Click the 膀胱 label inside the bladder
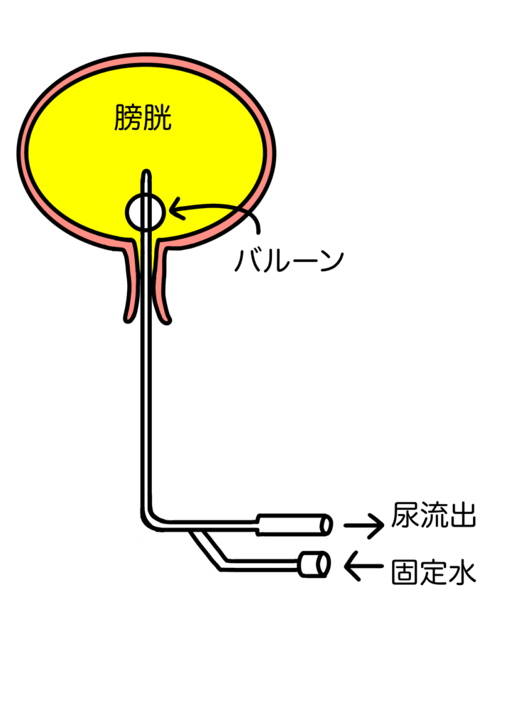(x=143, y=118)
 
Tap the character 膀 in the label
(x=128, y=118)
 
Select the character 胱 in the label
(x=158, y=118)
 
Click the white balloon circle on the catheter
(x=146, y=211)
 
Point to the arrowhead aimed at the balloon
(x=174, y=210)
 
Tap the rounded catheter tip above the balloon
(x=146, y=173)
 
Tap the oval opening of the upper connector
(x=325, y=525)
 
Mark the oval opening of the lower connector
(x=322, y=564)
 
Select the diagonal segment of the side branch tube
(x=210, y=547)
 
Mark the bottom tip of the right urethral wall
(x=165, y=319)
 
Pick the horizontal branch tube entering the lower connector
(x=263, y=565)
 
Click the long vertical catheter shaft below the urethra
(x=146, y=412)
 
